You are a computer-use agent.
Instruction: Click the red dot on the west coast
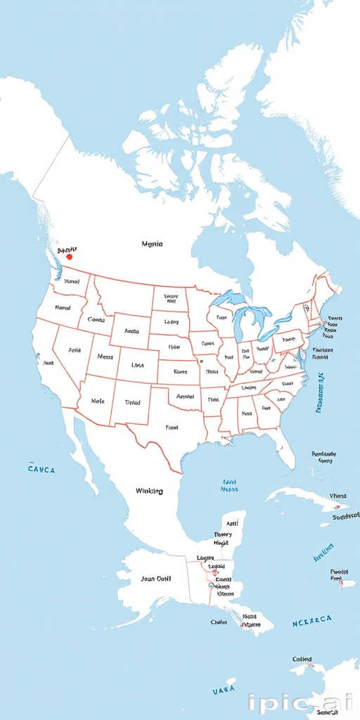click(69, 257)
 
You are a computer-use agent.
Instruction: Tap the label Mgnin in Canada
click(152, 244)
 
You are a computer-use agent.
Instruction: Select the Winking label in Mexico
click(149, 491)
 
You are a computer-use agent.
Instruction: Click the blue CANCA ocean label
click(41, 469)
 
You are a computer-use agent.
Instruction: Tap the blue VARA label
click(224, 691)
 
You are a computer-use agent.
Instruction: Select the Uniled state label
click(132, 403)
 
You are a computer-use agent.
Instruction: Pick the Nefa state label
click(104, 357)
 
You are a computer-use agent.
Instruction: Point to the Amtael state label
click(185, 397)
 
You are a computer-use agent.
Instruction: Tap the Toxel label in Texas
click(172, 427)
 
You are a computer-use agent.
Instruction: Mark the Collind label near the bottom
click(302, 660)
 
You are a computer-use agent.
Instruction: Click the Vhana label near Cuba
click(337, 496)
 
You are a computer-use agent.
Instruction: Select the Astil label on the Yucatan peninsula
click(232, 524)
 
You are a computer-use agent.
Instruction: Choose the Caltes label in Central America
click(219, 622)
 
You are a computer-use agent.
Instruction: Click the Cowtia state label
click(96, 320)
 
